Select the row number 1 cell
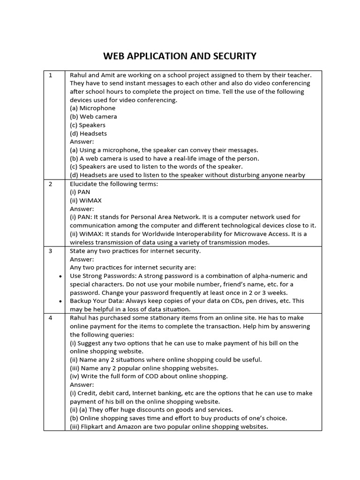click(50, 75)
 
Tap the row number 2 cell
click(50, 184)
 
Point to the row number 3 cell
click(50, 251)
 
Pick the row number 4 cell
click(50, 318)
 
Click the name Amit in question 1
click(111, 75)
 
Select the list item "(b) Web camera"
click(93, 117)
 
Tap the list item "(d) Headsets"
click(88, 134)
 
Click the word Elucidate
click(84, 184)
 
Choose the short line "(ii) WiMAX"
click(86, 201)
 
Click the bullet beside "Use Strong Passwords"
click(60, 277)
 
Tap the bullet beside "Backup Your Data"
click(60, 301)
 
